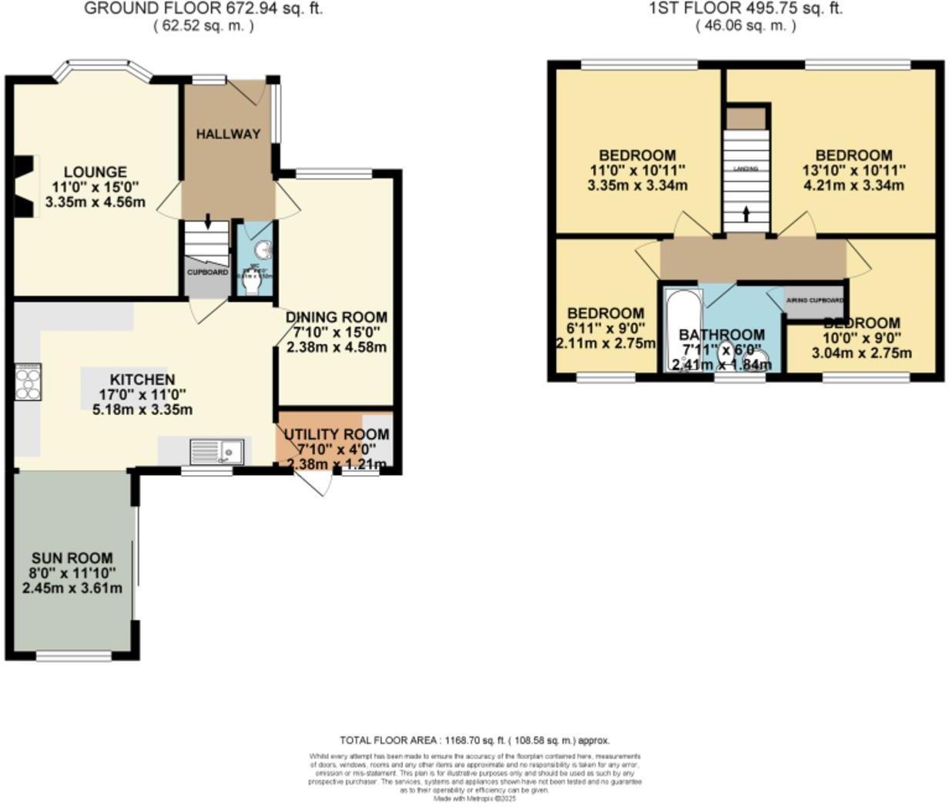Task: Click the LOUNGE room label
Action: [95, 172]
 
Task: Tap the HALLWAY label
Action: [227, 134]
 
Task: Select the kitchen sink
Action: [216, 450]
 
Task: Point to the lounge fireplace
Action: [24, 185]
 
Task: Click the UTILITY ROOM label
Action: [336, 434]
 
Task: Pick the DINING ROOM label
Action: [336, 317]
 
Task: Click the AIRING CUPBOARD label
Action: [814, 300]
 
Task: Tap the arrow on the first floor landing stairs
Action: [745, 213]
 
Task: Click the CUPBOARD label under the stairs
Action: [206, 273]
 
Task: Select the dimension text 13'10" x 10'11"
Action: [853, 170]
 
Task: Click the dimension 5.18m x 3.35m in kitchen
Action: [142, 410]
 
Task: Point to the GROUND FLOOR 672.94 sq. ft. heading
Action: [203, 9]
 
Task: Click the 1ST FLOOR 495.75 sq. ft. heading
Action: [746, 9]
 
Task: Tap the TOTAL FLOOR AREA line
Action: [474, 741]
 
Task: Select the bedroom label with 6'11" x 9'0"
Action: [605, 313]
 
